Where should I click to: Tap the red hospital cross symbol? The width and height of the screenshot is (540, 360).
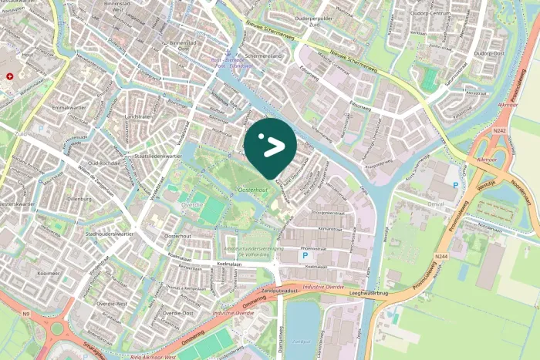[x=10, y=76]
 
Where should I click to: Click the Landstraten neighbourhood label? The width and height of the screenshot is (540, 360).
[x=137, y=116]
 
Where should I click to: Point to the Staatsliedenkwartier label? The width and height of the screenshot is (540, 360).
[x=157, y=156]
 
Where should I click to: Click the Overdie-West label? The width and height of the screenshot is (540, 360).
[x=113, y=304]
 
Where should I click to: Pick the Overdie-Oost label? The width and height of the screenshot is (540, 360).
[x=177, y=313]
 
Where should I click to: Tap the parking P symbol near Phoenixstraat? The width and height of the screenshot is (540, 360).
[x=305, y=255]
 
